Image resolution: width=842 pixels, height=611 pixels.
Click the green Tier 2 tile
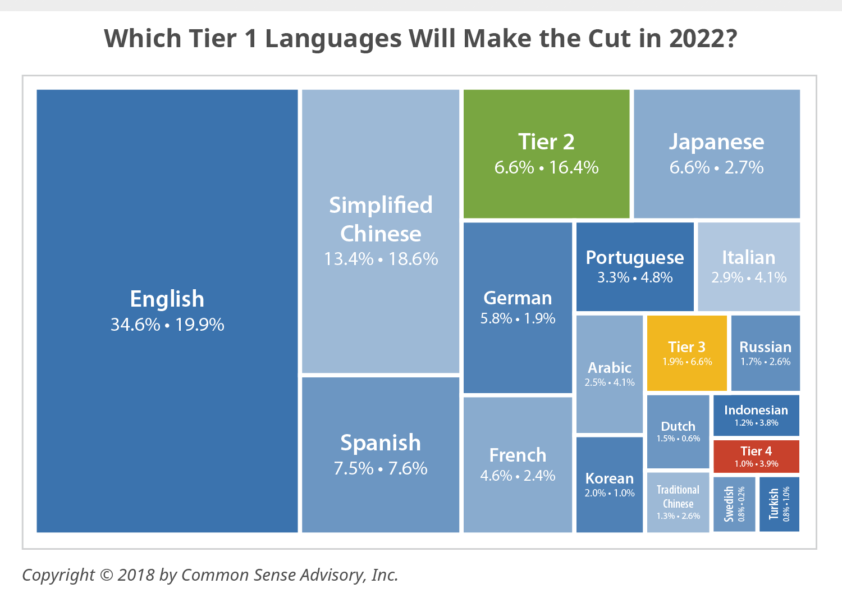coord(546,153)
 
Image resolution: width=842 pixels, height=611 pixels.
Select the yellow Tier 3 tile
coord(687,353)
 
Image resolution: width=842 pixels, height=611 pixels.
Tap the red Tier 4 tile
coord(756,456)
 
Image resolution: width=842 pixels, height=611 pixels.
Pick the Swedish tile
coord(734,504)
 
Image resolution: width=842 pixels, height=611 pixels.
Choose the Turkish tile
coord(779,504)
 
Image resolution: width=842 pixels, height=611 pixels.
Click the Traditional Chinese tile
coord(678,502)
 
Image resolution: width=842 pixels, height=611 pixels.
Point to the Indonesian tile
coord(756,415)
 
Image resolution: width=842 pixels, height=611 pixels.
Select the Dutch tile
coord(678,431)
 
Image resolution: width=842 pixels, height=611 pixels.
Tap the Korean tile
coord(609,484)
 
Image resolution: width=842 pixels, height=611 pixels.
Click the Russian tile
coord(765,353)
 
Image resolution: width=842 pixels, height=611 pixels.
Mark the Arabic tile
coord(609,374)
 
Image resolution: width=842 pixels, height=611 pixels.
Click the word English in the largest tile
coord(167,299)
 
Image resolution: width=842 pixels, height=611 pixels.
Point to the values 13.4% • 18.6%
coord(381,259)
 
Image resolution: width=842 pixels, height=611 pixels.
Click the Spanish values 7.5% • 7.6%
coord(381,468)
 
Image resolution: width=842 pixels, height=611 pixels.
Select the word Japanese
coord(716,142)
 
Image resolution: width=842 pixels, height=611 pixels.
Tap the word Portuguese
coord(635,257)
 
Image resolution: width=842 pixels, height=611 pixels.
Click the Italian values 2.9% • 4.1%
coord(749,277)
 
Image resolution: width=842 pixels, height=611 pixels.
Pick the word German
coord(518,298)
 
